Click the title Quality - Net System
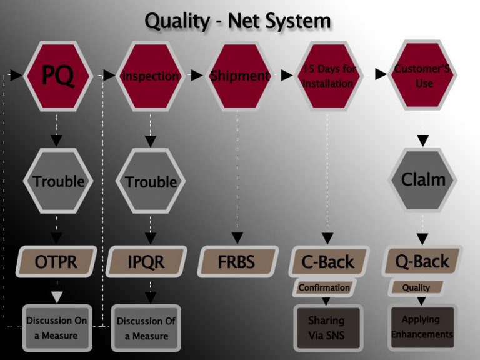pyautogui.click(x=237, y=21)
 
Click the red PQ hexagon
pyautogui.click(x=58, y=76)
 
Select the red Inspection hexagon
pyautogui.click(x=150, y=76)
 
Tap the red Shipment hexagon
pyautogui.click(x=239, y=76)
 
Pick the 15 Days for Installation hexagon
pyautogui.click(x=329, y=76)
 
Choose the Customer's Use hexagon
pyautogui.click(x=423, y=76)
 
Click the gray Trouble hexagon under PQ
pyautogui.click(x=58, y=181)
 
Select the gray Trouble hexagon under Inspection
pyautogui.click(x=150, y=182)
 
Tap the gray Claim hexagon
pyautogui.click(x=423, y=180)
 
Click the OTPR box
pyautogui.click(x=57, y=261)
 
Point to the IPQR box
pyautogui.click(x=146, y=261)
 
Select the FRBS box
pyautogui.click(x=237, y=261)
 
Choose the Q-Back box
pyautogui.click(x=422, y=261)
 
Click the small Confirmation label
pyautogui.click(x=323, y=288)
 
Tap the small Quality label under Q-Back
pyautogui.click(x=416, y=287)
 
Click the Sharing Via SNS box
pyautogui.click(x=327, y=328)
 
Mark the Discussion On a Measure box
pyautogui.click(x=56, y=327)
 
